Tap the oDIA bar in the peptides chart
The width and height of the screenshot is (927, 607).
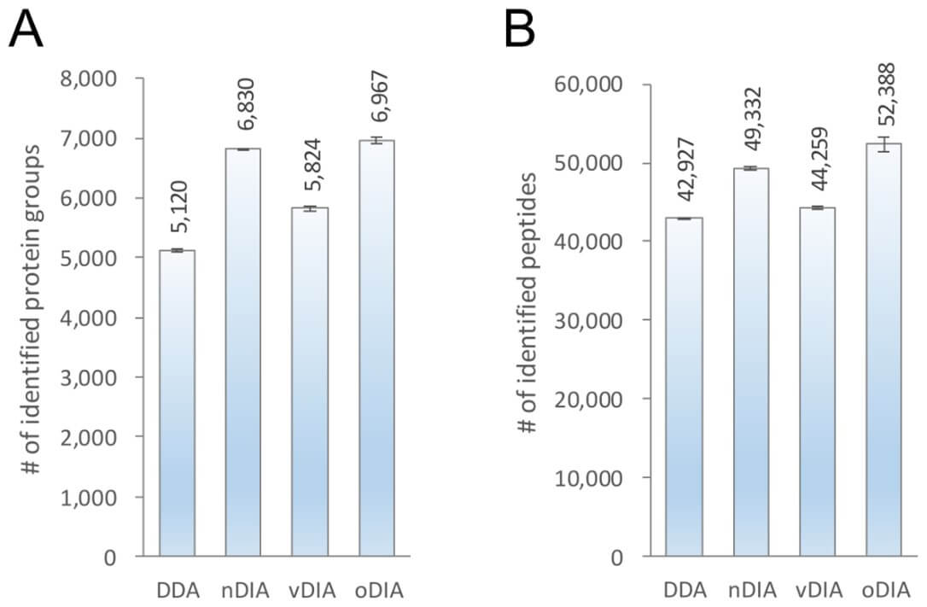[x=883, y=350]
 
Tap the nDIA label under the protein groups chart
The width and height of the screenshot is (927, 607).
[x=243, y=591]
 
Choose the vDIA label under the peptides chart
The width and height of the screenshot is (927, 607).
[x=817, y=591]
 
